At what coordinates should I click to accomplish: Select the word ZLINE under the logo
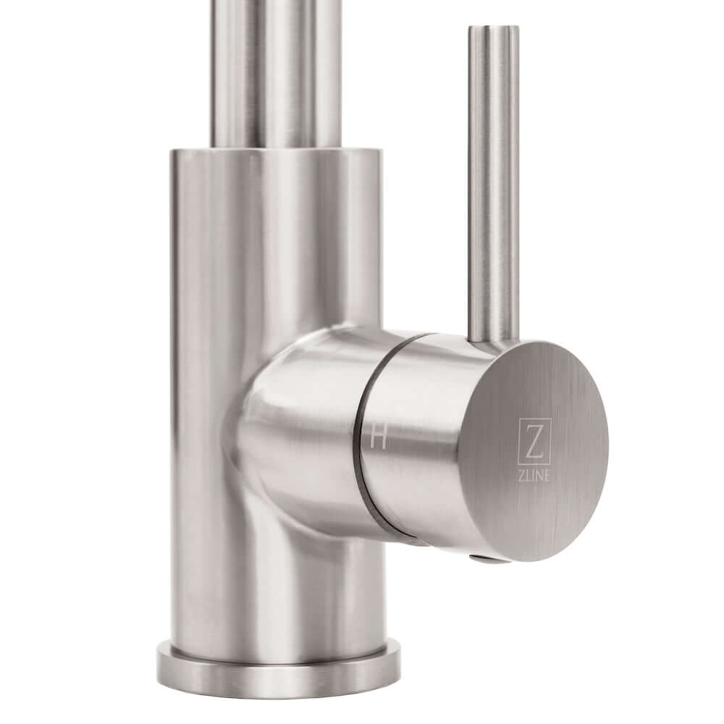534,473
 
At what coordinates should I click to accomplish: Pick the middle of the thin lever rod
493,181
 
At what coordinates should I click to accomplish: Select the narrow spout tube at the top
275,72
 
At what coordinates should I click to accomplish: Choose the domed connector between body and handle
297,427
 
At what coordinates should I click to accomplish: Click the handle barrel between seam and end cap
413,449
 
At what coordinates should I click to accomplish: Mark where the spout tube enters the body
275,145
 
